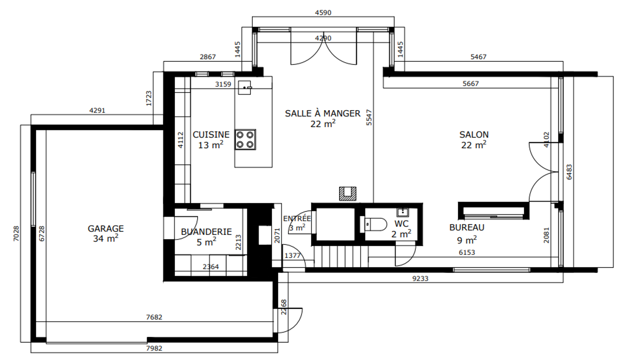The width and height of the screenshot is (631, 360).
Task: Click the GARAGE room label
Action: (105, 229)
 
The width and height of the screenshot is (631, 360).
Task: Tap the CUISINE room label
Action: (211, 134)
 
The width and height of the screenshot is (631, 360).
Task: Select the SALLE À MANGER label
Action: (323, 113)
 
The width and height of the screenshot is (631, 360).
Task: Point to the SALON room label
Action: (474, 134)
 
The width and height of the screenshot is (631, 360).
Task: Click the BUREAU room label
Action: (467, 227)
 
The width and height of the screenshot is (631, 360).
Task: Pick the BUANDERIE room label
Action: (206, 232)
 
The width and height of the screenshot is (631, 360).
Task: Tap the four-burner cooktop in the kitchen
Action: (245, 140)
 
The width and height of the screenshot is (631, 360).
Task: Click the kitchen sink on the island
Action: (245, 87)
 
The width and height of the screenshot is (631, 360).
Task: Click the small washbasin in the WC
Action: (402, 212)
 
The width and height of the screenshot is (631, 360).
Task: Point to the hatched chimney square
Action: (347, 194)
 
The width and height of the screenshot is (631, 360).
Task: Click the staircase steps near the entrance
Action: (341, 256)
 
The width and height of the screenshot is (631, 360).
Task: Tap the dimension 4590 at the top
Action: (323, 13)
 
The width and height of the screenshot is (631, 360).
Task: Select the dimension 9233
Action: (420, 278)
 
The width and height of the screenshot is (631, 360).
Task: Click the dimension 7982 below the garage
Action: (154, 348)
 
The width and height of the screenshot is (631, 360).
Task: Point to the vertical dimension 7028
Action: (16, 233)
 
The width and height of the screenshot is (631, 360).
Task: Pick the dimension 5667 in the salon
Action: (470, 84)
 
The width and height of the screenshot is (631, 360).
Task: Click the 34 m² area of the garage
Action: (105, 238)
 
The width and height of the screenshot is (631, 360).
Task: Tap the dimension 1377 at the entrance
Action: (292, 256)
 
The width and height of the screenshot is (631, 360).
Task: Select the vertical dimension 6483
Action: (569, 172)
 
